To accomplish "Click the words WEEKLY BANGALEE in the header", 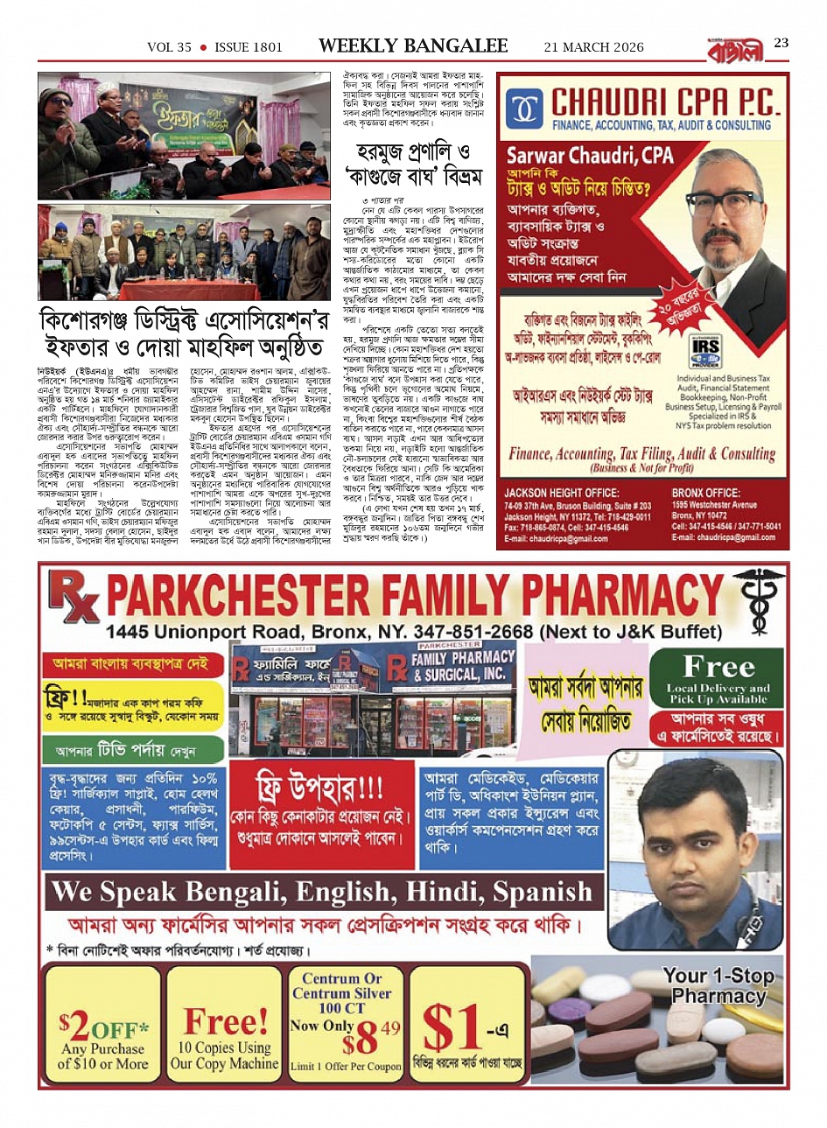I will (413, 46).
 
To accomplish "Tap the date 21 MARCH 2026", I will (593, 47).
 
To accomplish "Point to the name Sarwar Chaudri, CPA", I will (590, 157).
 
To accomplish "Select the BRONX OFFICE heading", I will (705, 493).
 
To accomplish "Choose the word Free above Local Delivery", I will (718, 667).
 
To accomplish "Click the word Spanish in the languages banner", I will (543, 892).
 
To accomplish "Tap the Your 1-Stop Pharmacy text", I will (718, 985).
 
